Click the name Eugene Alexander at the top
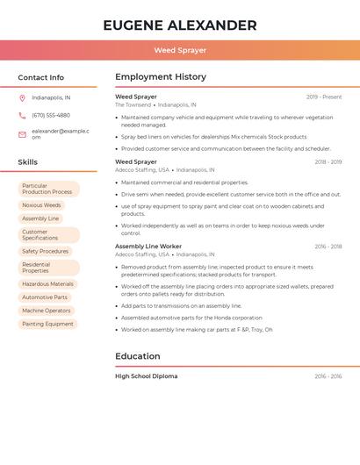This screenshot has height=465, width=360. coord(180,25)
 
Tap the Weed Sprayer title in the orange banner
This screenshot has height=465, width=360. coord(180,51)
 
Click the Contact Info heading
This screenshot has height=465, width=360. coord(41,78)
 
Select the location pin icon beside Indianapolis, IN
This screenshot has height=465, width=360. coord(22,98)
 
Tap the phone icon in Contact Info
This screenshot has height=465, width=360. coord(22,115)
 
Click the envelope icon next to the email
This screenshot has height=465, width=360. coord(22,134)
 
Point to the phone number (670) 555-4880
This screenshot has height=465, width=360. coord(51,115)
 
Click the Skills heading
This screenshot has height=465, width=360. coord(28,162)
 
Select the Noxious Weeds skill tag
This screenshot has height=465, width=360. coord(41,205)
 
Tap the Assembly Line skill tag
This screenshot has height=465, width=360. coord(40,218)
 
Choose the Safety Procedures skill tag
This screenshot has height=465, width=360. coord(45,252)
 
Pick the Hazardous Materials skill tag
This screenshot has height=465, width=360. coord(47,284)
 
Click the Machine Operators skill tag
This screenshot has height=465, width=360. coord(47,311)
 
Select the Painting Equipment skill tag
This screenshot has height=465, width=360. coord(47,324)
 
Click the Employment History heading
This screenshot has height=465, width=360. coord(161,77)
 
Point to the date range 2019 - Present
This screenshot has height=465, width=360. coord(324,97)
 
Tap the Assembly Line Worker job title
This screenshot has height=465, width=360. coord(148,247)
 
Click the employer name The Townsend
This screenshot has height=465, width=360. coord(133,104)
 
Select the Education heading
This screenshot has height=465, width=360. coord(138,356)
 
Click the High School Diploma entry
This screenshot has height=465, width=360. coord(146,376)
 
